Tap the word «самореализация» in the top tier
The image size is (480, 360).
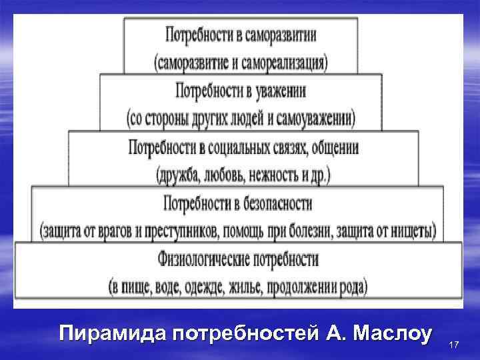tap(283, 63)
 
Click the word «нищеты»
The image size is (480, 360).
tap(414, 232)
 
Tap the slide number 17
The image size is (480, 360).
tap(455, 345)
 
